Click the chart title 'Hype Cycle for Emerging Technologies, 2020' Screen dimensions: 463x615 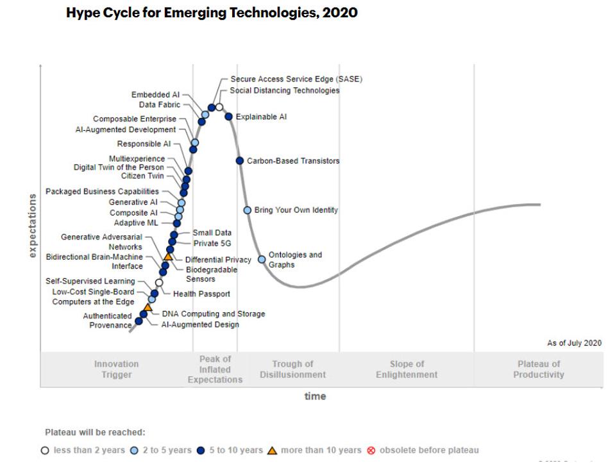click(x=212, y=13)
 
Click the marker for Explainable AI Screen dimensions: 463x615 click(x=228, y=117)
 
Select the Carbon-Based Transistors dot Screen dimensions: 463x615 click(x=240, y=161)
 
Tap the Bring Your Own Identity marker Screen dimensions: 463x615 click(x=248, y=210)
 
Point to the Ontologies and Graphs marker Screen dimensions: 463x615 click(x=262, y=260)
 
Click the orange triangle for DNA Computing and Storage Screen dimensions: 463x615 click(x=147, y=308)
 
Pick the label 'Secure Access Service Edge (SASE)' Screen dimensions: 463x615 click(x=296, y=80)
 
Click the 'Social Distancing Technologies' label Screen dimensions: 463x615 click(x=285, y=91)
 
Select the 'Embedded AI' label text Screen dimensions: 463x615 click(x=155, y=95)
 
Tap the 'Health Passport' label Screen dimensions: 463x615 click(x=201, y=294)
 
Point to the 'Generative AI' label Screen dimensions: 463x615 click(x=133, y=203)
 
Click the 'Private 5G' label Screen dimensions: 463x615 click(x=212, y=244)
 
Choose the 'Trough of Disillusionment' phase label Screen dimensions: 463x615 click(x=292, y=369)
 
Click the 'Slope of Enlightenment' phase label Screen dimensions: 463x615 click(x=407, y=369)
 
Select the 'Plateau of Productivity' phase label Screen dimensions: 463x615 click(x=539, y=369)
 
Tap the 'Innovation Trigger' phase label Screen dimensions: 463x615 click(x=116, y=369)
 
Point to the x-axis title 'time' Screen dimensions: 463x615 click(x=315, y=396)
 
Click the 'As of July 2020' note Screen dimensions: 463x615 click(x=574, y=343)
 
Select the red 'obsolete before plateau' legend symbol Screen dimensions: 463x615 click(x=371, y=450)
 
